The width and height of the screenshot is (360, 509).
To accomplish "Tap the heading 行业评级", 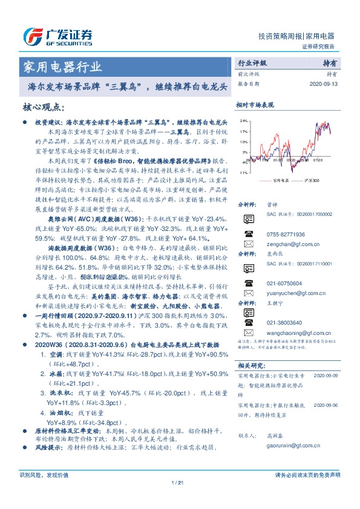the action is (x=252, y=63).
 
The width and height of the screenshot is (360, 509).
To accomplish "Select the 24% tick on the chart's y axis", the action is (x=243, y=121).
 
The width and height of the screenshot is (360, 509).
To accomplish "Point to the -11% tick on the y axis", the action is (x=243, y=172).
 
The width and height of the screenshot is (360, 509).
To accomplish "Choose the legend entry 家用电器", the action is (x=278, y=180).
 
